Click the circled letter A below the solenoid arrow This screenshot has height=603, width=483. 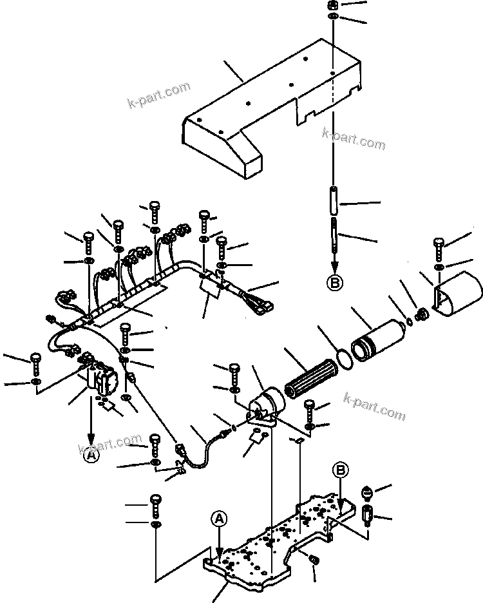tap(91, 455)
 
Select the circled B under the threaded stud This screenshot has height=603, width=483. tap(334, 282)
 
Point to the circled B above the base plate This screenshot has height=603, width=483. tap(341, 470)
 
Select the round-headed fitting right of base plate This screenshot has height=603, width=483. tap(366, 493)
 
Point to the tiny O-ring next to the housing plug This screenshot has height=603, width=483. tap(410, 319)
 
